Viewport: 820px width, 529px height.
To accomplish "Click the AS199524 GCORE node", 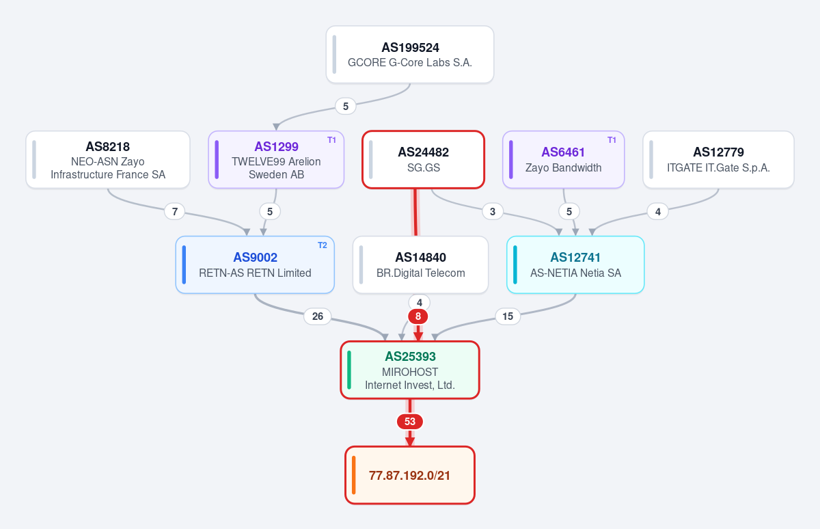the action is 410,55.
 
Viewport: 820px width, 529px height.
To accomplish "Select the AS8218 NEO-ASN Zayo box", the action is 108,160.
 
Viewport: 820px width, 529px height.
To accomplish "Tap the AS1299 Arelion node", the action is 276,160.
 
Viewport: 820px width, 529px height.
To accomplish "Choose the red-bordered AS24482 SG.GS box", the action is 424,160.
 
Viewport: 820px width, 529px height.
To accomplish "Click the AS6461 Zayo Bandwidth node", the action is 563,160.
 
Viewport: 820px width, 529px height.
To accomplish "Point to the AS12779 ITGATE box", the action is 719,160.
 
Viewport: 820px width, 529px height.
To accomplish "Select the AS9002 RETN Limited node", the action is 255,264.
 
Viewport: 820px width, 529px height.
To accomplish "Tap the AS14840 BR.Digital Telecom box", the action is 421,264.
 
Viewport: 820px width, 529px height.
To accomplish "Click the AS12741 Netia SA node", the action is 575,264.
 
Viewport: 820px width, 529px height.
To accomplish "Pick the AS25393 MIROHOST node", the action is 410,370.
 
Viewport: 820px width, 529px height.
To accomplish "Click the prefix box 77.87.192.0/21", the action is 410,475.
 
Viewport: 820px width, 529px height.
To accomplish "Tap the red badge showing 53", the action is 410,422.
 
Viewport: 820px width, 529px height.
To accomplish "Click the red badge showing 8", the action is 418,316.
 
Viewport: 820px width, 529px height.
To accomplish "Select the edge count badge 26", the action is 318,316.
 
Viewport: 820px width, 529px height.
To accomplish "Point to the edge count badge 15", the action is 508,316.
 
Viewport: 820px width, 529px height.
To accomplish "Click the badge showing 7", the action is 175,211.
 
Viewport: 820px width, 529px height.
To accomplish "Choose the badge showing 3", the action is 493,211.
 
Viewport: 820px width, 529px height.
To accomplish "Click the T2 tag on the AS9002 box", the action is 322,245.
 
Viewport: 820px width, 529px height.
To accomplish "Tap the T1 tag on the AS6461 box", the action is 612,140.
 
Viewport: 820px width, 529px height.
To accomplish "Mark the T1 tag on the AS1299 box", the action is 331,140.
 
